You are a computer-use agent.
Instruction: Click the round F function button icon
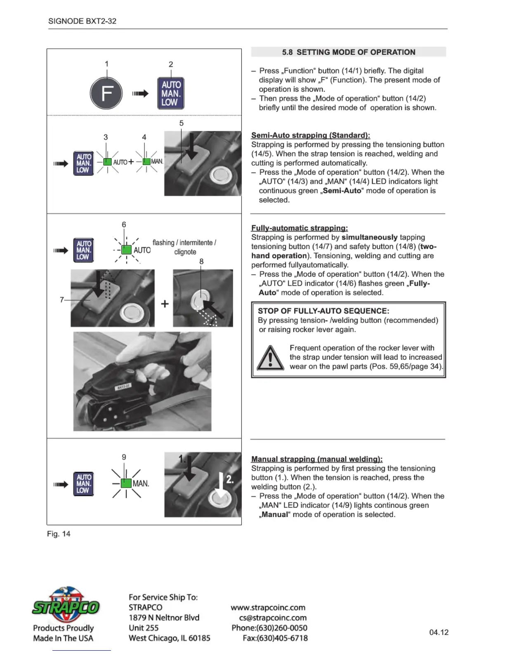pyautogui.click(x=106, y=93)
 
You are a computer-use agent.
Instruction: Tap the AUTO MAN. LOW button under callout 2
pyautogui.click(x=171, y=93)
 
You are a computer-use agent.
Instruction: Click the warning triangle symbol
pyautogui.click(x=270, y=358)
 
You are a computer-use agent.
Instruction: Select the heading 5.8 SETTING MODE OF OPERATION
pyautogui.click(x=349, y=52)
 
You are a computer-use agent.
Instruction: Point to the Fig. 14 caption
pyautogui.click(x=59, y=534)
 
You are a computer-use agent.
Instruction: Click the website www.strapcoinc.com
pyautogui.click(x=268, y=607)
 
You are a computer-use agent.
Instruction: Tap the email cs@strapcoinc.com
pyautogui.click(x=273, y=618)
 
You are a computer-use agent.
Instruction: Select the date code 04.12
pyautogui.click(x=439, y=632)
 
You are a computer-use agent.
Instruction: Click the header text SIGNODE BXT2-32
pyautogui.click(x=82, y=21)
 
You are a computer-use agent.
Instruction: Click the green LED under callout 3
pyautogui.click(x=107, y=161)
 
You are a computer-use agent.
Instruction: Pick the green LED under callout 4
pyautogui.click(x=146, y=161)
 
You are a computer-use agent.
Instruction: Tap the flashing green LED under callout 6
pyautogui.click(x=127, y=250)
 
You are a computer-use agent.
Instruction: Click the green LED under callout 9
pyautogui.click(x=126, y=483)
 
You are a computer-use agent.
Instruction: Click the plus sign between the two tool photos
pyautogui.click(x=165, y=304)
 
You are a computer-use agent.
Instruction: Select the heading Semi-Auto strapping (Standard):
pyautogui.click(x=310, y=135)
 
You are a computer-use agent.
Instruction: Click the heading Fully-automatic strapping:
pyautogui.click(x=299, y=228)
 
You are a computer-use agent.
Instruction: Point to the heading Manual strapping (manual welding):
pyautogui.click(x=316, y=459)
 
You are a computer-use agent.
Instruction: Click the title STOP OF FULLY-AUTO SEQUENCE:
pyautogui.click(x=323, y=311)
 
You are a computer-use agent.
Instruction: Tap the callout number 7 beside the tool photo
pyautogui.click(x=62, y=300)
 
